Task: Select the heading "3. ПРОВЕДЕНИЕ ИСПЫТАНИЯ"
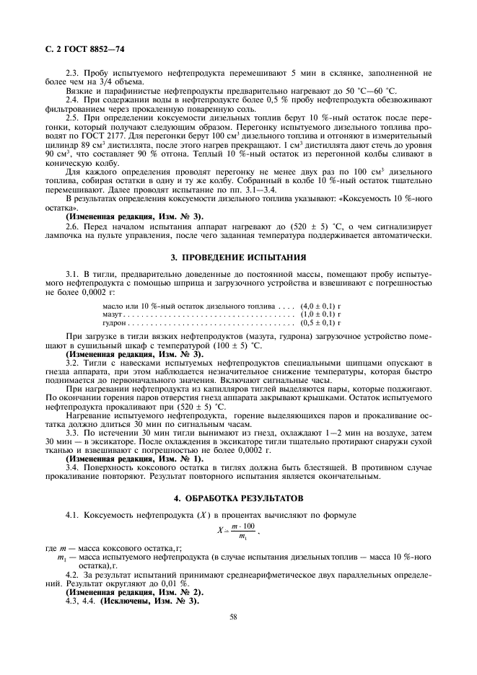[x=238, y=257]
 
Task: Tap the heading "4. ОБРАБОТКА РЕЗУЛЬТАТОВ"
[x=238, y=498]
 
